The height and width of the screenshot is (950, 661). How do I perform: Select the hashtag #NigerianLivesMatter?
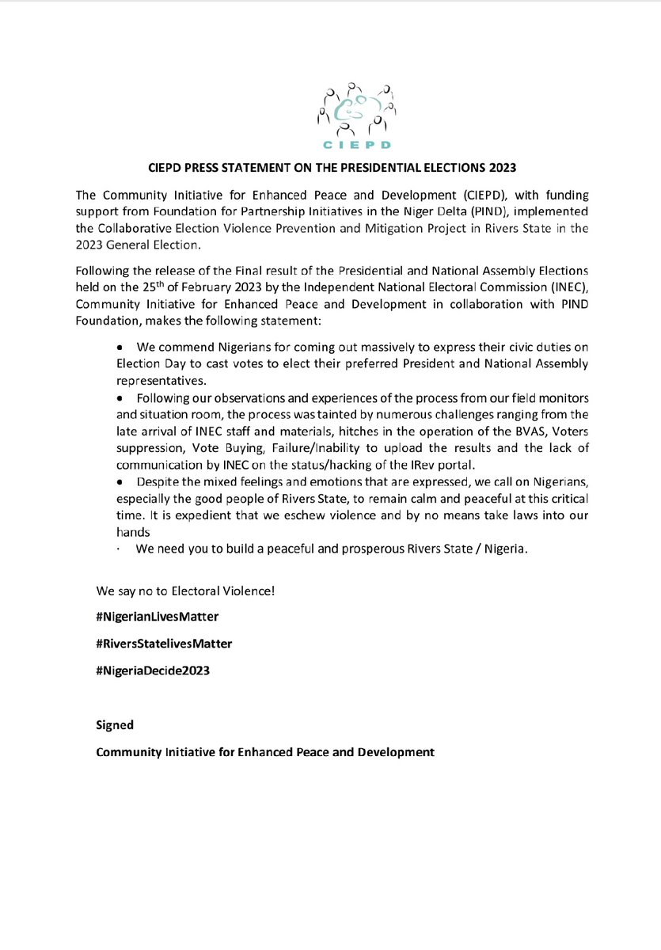coord(158,615)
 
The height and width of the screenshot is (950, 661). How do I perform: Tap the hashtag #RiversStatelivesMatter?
coord(164,644)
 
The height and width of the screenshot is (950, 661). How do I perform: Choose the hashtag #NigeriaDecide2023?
coord(153,671)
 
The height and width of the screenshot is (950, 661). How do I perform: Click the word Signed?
coord(115,724)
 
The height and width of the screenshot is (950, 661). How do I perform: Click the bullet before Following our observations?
coord(120,393)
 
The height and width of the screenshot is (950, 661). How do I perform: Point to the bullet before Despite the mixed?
coord(120,483)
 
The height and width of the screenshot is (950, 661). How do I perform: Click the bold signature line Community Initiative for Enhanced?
coord(265,752)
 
